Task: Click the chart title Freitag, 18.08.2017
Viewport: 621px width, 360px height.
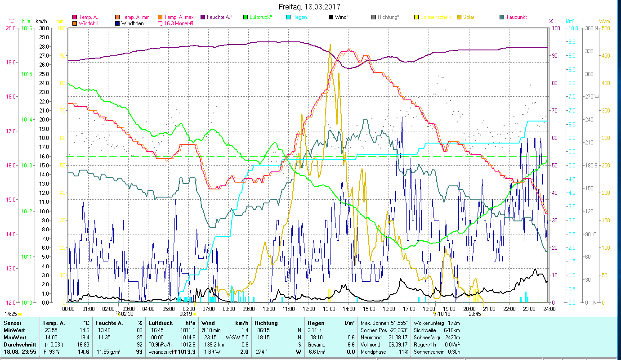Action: (309, 7)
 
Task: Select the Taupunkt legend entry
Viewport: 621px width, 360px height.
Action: (516, 17)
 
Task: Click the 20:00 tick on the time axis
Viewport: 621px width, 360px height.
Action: (469, 309)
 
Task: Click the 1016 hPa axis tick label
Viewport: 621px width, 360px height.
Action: (27, 28)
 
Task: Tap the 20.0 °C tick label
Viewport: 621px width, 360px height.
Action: (10, 28)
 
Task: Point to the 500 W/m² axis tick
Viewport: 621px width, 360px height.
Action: (606, 28)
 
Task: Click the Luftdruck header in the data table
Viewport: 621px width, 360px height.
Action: (161, 323)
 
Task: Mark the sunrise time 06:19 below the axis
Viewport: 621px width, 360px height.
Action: (186, 314)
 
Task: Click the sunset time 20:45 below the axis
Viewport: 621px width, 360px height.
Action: (474, 314)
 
